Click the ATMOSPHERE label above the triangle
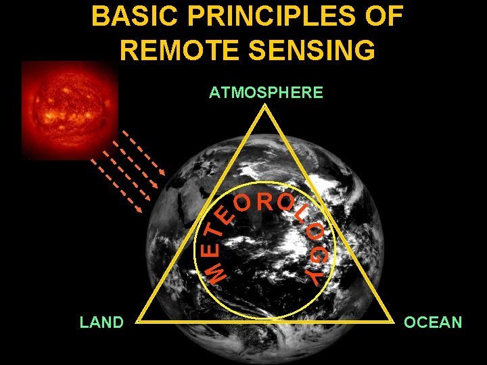pos(266,93)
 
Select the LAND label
pos(101,322)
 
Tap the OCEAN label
pos(433,322)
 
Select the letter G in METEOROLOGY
pos(319,256)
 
